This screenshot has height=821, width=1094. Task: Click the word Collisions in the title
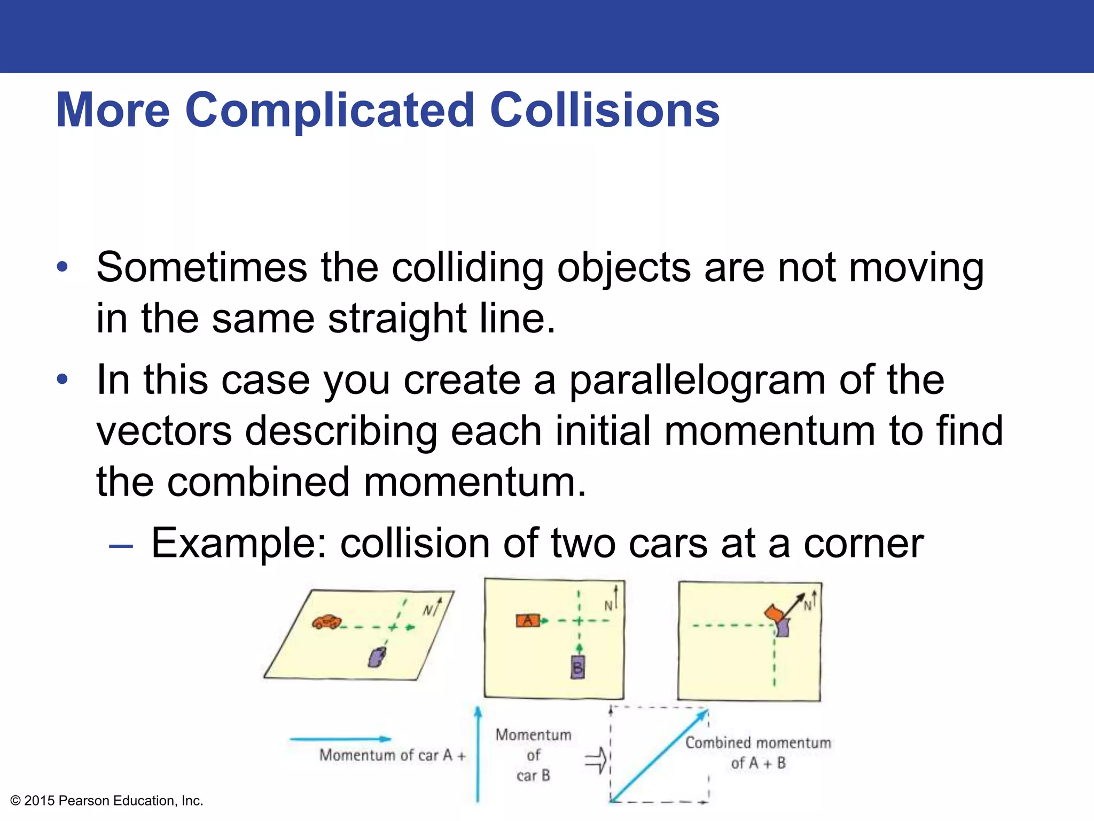[605, 110]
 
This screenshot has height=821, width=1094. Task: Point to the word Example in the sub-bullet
[238, 544]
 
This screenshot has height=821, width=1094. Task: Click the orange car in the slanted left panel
[326, 622]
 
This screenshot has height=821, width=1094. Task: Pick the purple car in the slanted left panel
[377, 657]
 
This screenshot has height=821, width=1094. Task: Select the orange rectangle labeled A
[528, 621]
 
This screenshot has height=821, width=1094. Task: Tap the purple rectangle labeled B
[577, 668]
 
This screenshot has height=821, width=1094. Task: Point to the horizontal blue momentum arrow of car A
[340, 739]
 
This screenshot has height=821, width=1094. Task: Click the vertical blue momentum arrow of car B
[478, 754]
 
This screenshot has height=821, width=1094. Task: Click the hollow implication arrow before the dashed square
[596, 760]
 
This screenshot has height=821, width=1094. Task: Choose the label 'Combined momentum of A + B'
[758, 753]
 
